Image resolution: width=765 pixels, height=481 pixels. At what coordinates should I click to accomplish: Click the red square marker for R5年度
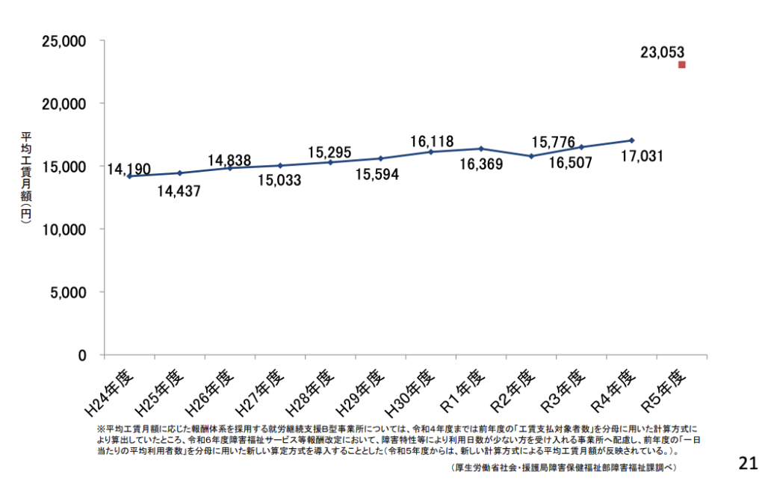click(681, 65)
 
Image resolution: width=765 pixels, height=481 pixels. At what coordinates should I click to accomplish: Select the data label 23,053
click(662, 52)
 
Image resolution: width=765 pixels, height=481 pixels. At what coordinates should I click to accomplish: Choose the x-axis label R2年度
click(513, 389)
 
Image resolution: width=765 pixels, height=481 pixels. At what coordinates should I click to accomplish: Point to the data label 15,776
click(554, 141)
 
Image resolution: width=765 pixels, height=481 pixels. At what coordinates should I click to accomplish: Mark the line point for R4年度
click(632, 140)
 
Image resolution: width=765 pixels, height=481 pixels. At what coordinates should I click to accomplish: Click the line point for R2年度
click(531, 156)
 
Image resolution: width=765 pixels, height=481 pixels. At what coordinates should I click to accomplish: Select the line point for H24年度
click(129, 176)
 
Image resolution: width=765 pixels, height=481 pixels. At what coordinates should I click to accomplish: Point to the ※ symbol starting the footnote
click(101, 429)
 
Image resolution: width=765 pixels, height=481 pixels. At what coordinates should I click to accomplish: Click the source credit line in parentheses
click(564, 468)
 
